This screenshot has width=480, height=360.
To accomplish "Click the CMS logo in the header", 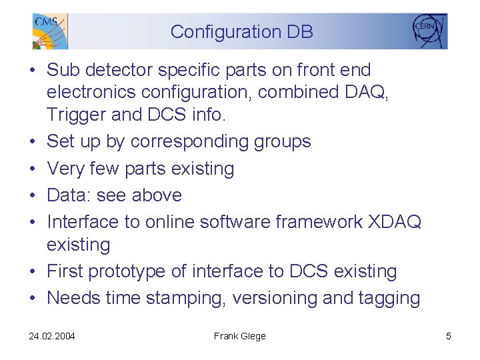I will pos(49,31).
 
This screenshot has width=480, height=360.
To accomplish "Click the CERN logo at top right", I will pos(429,30).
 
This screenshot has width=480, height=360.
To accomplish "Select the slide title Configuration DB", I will pos(241,31).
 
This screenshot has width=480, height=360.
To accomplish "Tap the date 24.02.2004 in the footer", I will pos(52,336).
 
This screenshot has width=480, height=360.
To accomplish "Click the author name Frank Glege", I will pos(239,336).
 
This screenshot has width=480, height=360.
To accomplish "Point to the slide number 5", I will pos(449,336).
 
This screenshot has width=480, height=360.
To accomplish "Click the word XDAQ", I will pos(395,222).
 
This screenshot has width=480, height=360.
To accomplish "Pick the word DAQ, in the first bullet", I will pos(368,92).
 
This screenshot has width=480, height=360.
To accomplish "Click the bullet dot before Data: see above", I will pos(33,196).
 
